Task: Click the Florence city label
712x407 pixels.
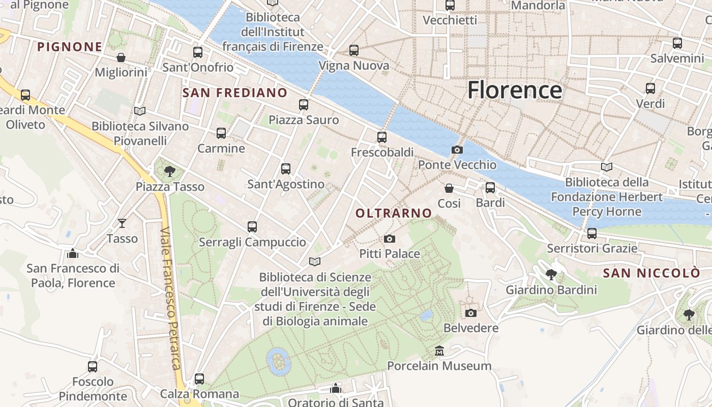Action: pos(515,90)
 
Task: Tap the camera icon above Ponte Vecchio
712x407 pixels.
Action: pos(457,150)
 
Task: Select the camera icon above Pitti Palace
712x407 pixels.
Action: pos(390,239)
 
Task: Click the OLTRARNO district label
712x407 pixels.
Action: pos(394,213)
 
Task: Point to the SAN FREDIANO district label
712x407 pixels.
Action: pos(235,93)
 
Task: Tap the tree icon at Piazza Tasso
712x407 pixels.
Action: pos(170,171)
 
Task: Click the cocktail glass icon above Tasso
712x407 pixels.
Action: pos(122,223)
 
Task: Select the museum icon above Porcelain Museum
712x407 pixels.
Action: pos(439,351)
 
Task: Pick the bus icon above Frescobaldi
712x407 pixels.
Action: pos(382,137)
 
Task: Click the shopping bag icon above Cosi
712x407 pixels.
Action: pos(449,188)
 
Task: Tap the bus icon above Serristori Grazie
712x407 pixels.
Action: pos(592,233)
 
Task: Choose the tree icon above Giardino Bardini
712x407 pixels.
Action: pos(551,275)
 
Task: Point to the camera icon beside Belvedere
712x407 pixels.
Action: pos(471,312)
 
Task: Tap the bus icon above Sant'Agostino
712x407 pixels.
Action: pos(286,168)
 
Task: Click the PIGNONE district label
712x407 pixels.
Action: pos(70,47)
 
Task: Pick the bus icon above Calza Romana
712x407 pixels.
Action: pos(199,379)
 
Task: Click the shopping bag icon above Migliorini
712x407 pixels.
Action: pos(121,57)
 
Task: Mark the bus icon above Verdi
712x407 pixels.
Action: pos(650,88)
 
